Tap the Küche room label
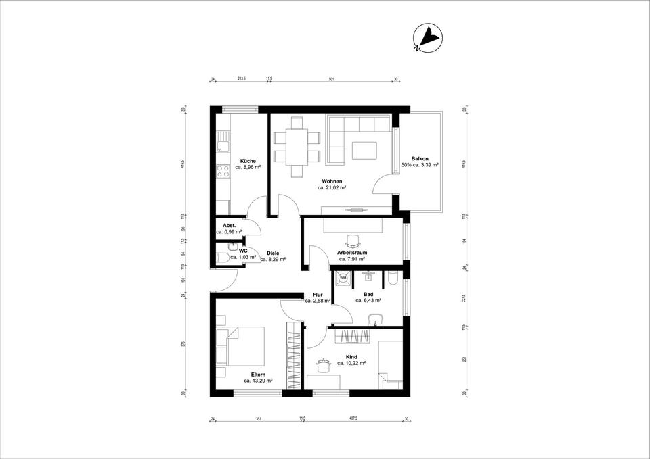pos(248,160)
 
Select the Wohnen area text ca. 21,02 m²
pos(332,188)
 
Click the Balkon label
pos(420,158)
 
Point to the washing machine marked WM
pos(343,277)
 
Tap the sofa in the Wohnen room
pos(358,138)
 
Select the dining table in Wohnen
pos(297,147)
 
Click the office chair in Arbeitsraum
pos(352,240)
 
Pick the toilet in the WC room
pos(222,257)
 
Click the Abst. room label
pos(229,224)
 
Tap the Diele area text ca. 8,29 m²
pos(273,259)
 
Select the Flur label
pos(318,295)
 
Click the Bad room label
pos(368,294)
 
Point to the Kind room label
pos(351,356)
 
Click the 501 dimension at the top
pos(331,79)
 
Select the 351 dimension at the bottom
pos(258,419)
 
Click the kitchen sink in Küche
pos(223,145)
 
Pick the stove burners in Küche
pos(223,171)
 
